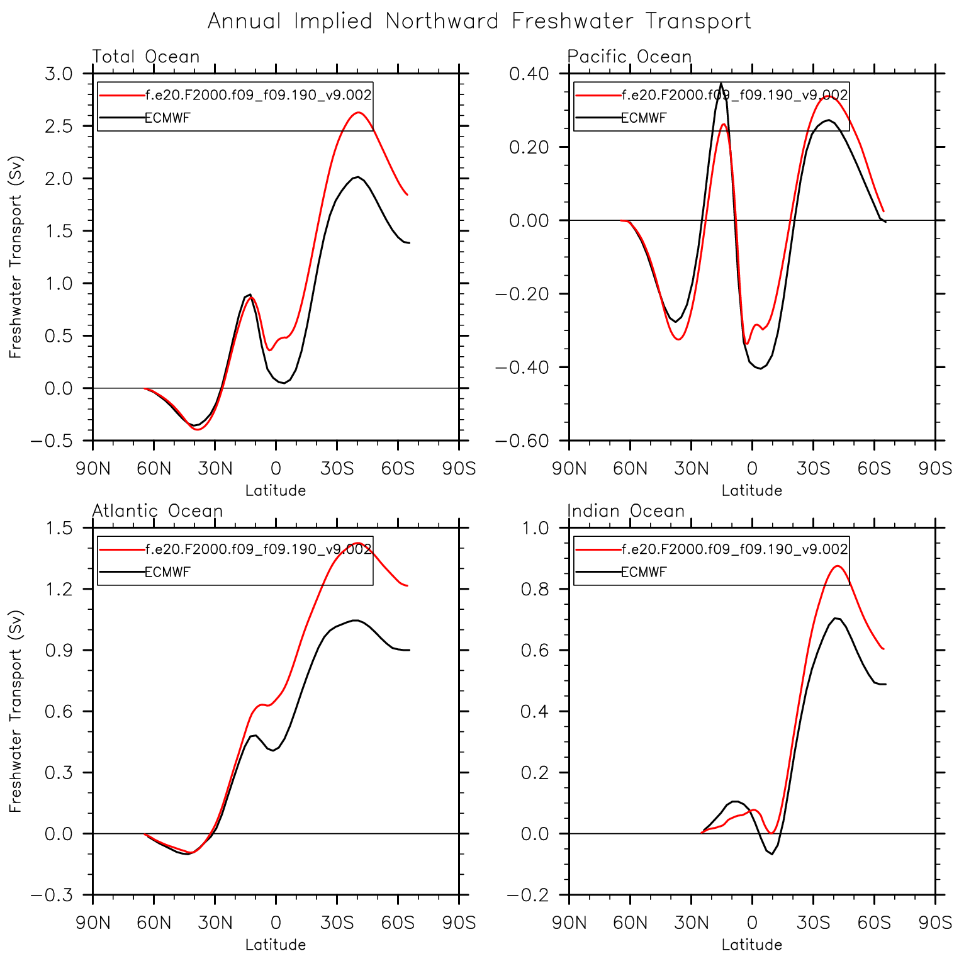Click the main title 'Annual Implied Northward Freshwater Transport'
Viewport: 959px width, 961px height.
click(x=479, y=21)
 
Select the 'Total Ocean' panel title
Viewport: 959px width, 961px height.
click(x=146, y=57)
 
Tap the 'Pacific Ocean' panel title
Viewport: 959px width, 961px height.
click(x=629, y=57)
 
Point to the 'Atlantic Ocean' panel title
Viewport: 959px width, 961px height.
click(x=157, y=510)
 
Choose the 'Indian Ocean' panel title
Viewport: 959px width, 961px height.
click(x=625, y=510)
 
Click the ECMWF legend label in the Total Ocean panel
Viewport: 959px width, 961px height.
click(x=167, y=118)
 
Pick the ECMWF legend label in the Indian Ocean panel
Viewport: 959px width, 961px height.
click(x=644, y=572)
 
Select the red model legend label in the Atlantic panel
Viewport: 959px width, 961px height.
click(x=259, y=549)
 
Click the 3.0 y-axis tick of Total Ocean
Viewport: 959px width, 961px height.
click(x=59, y=74)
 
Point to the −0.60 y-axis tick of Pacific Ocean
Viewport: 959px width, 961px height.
click(x=522, y=441)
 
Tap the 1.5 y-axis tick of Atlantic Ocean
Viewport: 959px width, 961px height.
click(x=59, y=528)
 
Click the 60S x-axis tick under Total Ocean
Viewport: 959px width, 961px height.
click(x=398, y=468)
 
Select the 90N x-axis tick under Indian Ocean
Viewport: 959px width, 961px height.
click(x=569, y=923)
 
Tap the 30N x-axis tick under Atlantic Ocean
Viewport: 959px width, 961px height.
click(x=215, y=923)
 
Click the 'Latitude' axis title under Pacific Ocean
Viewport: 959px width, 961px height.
click(x=752, y=490)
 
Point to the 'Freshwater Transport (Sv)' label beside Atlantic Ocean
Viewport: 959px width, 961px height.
click(x=15, y=711)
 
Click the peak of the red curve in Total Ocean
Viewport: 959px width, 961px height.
click(x=358, y=113)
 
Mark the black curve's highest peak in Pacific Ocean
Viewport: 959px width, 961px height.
click(x=721, y=84)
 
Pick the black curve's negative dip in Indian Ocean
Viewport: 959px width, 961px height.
click(x=771, y=854)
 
